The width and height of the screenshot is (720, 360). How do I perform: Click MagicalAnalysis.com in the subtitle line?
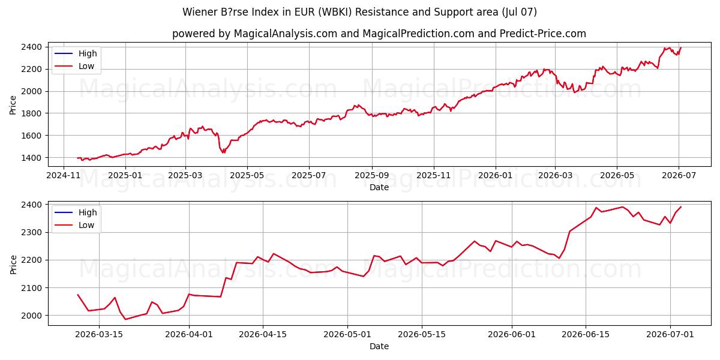(286, 34)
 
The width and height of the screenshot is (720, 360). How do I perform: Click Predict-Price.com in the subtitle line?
(543, 34)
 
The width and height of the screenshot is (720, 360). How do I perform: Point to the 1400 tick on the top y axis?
(31, 157)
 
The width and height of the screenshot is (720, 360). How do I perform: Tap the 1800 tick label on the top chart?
(31, 113)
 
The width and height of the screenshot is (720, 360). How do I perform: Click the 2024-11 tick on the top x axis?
(64, 175)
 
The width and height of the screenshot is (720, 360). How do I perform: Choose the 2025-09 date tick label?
(372, 175)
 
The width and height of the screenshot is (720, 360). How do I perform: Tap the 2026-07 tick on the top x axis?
(679, 175)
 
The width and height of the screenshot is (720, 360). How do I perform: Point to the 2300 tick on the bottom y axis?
(31, 232)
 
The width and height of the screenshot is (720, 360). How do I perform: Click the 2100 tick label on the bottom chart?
(31, 288)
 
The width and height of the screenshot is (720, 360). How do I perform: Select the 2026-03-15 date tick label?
(99, 335)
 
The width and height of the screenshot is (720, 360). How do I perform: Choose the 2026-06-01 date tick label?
(512, 335)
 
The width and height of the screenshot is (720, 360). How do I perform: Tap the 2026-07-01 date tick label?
(670, 335)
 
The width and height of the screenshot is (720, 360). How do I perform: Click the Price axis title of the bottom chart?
(13, 265)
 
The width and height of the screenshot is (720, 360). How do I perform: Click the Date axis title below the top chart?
(379, 187)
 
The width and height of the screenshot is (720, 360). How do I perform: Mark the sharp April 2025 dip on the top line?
(223, 152)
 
